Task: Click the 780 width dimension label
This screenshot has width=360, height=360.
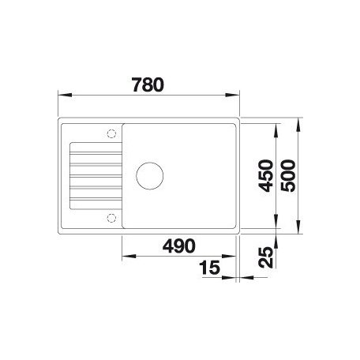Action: click(x=148, y=84)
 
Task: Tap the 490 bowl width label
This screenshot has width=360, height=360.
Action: click(x=179, y=246)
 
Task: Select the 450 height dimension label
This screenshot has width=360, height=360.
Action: click(x=266, y=176)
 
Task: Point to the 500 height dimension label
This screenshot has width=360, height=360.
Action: click(x=288, y=176)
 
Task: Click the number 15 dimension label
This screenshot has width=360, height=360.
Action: click(x=209, y=268)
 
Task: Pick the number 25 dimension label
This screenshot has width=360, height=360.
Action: click(x=266, y=257)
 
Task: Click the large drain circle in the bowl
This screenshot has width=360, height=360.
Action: click(x=150, y=175)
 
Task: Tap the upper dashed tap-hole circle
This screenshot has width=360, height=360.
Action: click(x=111, y=133)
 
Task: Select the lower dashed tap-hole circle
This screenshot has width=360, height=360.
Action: click(x=111, y=218)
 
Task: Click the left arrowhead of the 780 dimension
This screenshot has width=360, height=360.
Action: click(x=65, y=95)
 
